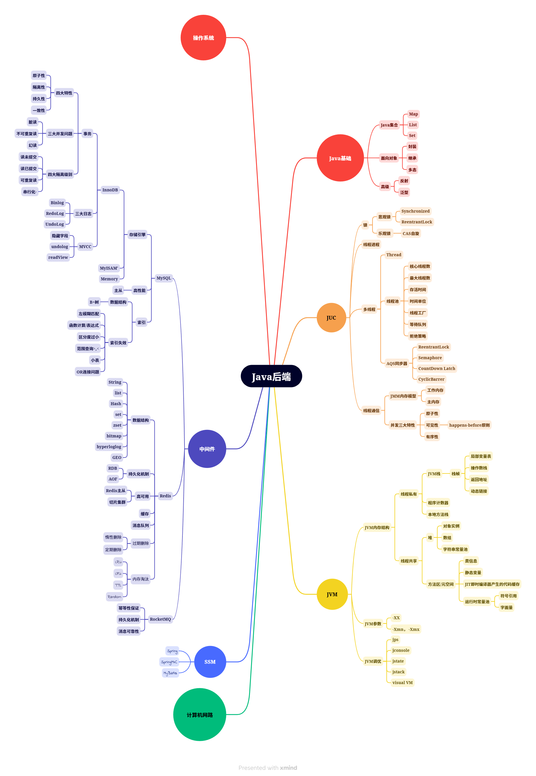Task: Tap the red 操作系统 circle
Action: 203,38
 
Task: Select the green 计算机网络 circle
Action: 200,715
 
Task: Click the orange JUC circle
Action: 331,318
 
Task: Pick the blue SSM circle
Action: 210,662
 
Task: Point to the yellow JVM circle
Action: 332,594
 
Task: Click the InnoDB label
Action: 110,190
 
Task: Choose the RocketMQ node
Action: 160,619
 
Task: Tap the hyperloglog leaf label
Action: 109,447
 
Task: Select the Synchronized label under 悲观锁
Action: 416,211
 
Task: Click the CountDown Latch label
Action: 436,369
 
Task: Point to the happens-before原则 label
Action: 469,425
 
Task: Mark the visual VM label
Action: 402,682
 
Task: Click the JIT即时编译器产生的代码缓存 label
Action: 492,584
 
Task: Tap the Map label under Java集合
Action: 413,114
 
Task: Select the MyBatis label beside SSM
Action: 170,673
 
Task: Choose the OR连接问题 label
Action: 88,372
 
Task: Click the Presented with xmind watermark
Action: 268,768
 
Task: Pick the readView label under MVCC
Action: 58,257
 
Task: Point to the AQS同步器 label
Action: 397,364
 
